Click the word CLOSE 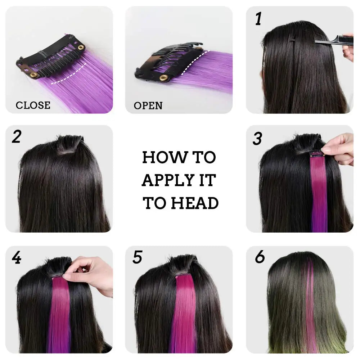pyautogui.click(x=33, y=105)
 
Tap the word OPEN pyautogui.click(x=148, y=105)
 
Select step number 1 pyautogui.click(x=258, y=19)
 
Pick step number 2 pyautogui.click(x=16, y=137)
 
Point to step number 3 pyautogui.click(x=257, y=139)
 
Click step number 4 pyautogui.click(x=16, y=258)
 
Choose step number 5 pyautogui.click(x=138, y=258)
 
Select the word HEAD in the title pyautogui.click(x=194, y=203)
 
